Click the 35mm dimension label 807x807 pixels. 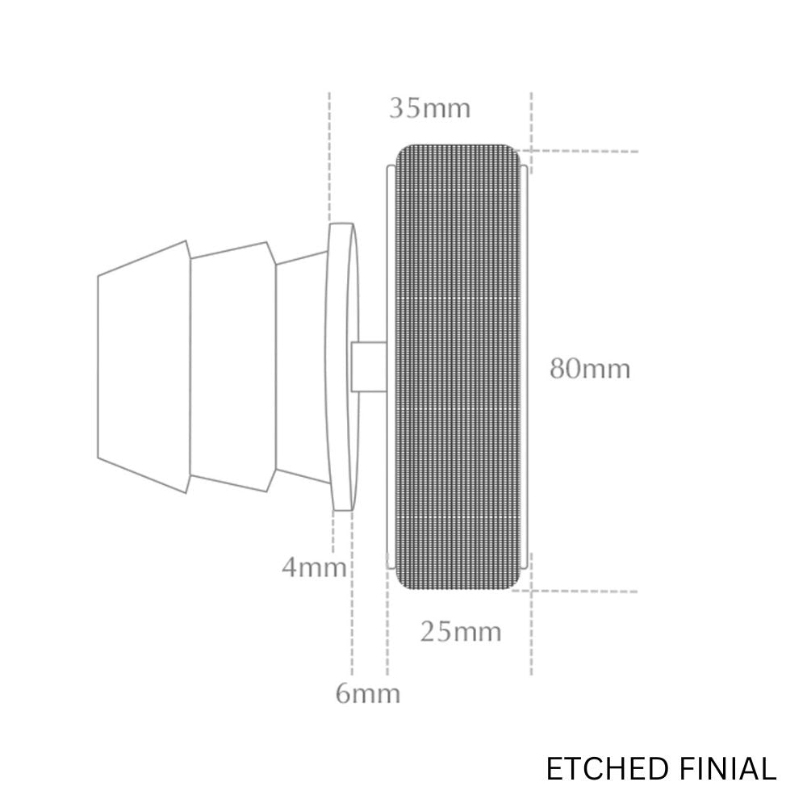[430, 109]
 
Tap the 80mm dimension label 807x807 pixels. [590, 369]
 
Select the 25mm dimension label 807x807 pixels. [461, 632]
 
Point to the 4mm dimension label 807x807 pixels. [314, 567]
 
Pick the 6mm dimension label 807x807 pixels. [367, 693]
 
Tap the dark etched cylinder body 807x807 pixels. [458, 366]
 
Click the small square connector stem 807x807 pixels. [369, 366]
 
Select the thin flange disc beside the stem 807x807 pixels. [341, 366]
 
